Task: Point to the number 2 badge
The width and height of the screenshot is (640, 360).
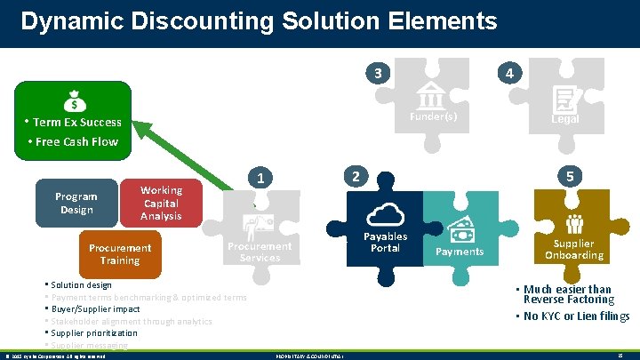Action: coord(355,176)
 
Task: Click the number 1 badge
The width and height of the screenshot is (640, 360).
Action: coord(259,178)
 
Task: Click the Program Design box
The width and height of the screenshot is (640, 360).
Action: coord(76,203)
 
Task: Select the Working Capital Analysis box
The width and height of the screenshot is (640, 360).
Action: coord(161,203)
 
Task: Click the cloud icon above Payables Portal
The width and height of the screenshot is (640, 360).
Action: coord(386,214)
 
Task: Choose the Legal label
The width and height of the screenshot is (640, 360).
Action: coord(564,119)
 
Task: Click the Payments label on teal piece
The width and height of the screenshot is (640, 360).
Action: coord(460,252)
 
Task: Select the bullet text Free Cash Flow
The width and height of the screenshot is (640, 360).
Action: coord(77,141)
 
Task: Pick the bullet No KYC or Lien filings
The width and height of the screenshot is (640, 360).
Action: coord(576,316)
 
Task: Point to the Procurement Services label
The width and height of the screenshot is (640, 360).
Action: coord(260,252)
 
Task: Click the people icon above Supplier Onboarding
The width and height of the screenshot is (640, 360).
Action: coord(573,225)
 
